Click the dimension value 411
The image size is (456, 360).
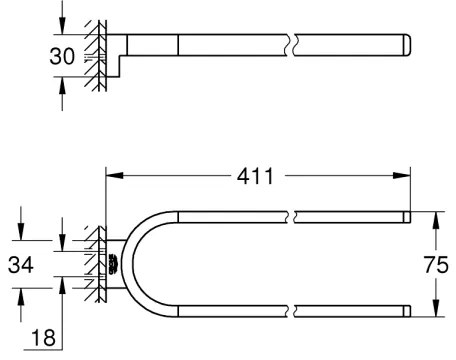[x=259, y=176]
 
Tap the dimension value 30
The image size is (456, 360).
[x=62, y=56]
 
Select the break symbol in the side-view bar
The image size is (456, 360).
[x=290, y=46]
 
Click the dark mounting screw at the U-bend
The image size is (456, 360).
[x=112, y=264]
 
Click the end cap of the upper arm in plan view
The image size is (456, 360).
[x=406, y=216]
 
